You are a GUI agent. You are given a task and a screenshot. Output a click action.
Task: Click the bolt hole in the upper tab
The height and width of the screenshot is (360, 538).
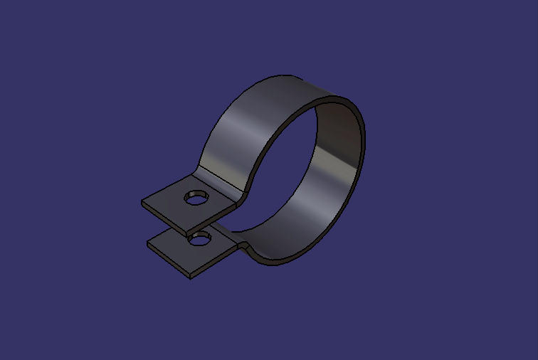click(194, 198)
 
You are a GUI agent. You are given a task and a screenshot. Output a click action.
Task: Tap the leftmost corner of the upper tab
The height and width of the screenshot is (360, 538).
click(142, 202)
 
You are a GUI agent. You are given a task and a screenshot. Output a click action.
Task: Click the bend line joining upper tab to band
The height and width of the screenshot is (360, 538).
click(218, 182)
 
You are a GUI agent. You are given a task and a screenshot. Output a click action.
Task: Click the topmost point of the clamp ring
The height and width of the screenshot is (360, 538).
click(285, 75)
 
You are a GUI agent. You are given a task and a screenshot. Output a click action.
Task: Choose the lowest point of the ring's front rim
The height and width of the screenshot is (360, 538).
click(274, 264)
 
